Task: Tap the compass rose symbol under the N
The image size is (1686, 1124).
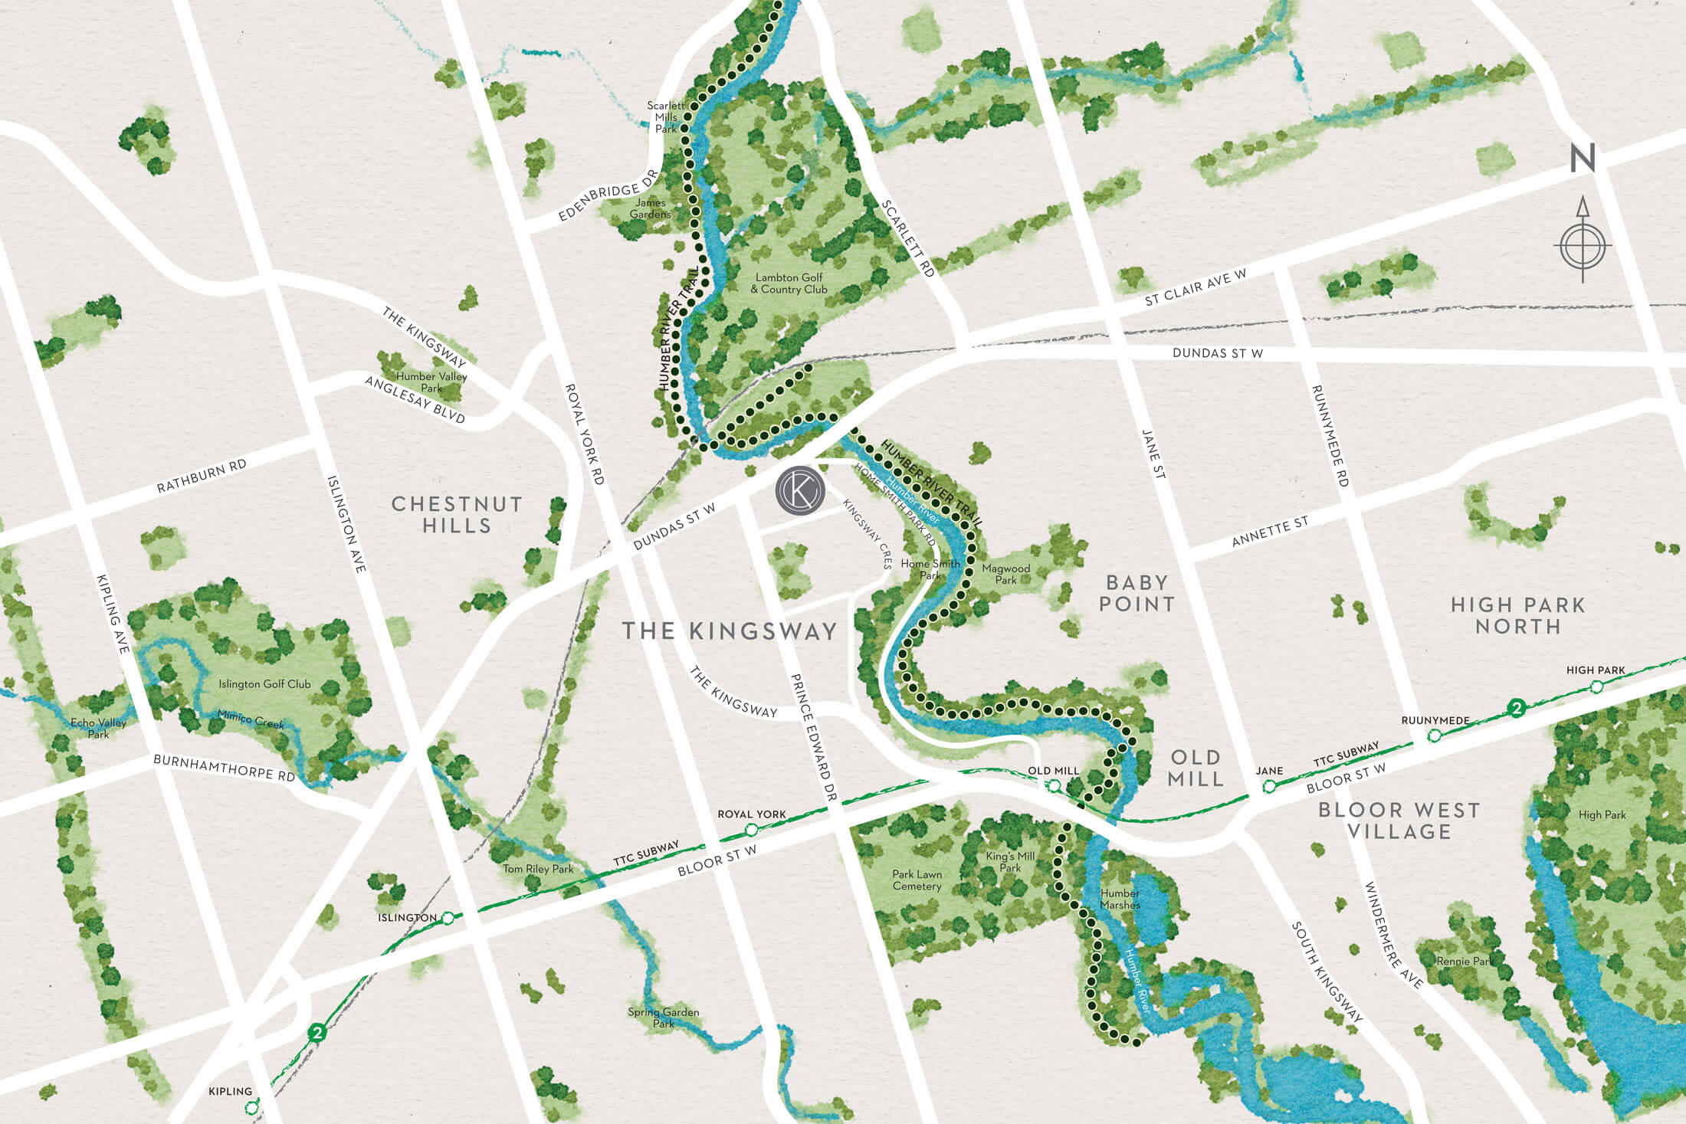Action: click(x=1583, y=246)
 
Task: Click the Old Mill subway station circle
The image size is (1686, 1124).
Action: click(x=1055, y=785)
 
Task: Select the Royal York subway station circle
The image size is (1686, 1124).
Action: click(x=752, y=830)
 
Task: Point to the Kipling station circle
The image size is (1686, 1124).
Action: click(x=251, y=1108)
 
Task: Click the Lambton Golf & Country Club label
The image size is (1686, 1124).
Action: click(x=789, y=283)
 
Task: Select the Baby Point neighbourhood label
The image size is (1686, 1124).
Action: click(x=1137, y=593)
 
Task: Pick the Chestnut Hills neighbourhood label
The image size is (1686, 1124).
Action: click(x=457, y=514)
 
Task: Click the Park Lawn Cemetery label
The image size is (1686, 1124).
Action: click(x=917, y=880)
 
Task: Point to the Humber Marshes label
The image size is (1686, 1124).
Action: click(x=1120, y=899)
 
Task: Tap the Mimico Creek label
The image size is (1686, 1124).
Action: click(x=251, y=719)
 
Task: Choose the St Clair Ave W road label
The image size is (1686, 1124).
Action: click(x=1196, y=287)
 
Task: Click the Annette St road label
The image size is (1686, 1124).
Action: click(x=1270, y=532)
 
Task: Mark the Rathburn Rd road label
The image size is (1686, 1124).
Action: click(x=202, y=476)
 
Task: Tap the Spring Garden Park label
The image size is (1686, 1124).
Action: click(x=663, y=1017)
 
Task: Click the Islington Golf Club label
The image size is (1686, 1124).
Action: click(x=264, y=684)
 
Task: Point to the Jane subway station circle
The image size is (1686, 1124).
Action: click(x=1269, y=786)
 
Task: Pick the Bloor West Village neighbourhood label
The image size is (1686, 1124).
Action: click(x=1399, y=821)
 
